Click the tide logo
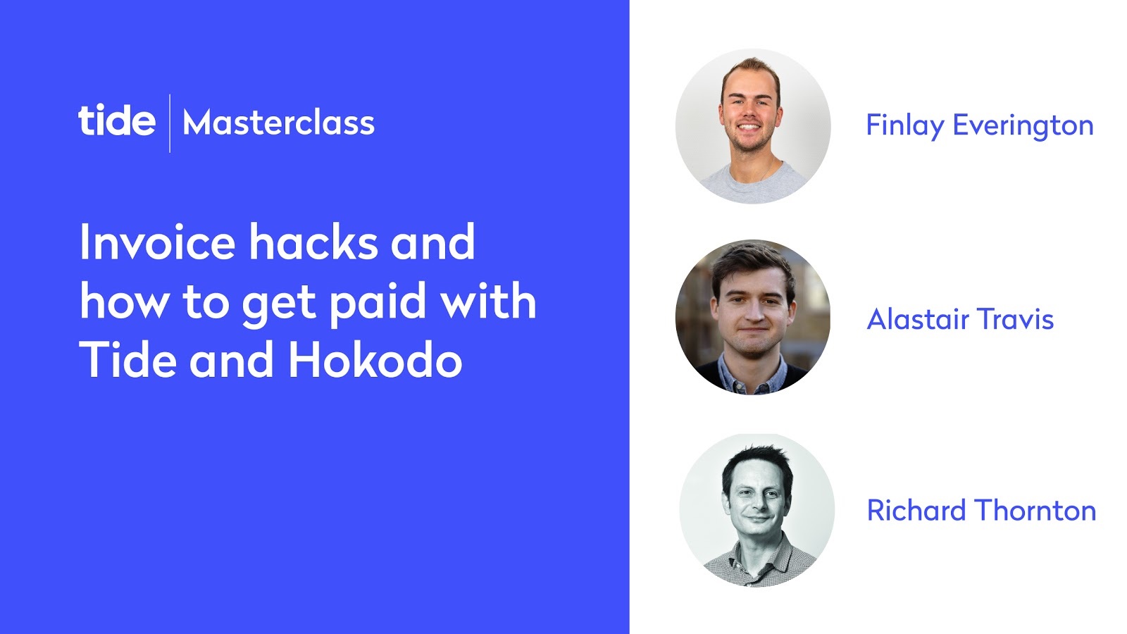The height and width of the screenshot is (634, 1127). pos(117,120)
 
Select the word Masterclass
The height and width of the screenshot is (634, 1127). pos(279,123)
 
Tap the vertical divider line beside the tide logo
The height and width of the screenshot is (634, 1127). pos(170,123)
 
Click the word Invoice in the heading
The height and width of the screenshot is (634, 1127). pos(157,242)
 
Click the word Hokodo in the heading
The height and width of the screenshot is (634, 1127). pos(375,359)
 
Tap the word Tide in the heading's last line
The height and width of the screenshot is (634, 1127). pos(127,359)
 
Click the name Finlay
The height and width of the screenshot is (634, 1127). pos(905,126)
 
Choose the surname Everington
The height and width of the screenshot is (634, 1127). pos(1023,126)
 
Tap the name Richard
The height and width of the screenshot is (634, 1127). pos(916,510)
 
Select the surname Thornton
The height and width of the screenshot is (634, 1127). pos(1036,510)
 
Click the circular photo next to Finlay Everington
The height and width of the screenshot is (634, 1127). pos(753,126)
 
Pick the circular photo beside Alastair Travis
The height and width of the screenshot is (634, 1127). pos(753,317)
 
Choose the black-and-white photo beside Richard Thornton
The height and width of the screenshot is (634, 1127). pos(756,510)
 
